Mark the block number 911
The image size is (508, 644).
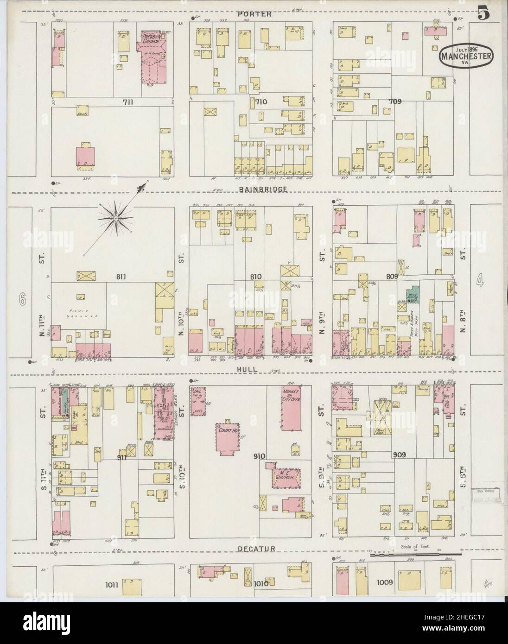[x=122, y=456]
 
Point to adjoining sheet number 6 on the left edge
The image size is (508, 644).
[x=21, y=300]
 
